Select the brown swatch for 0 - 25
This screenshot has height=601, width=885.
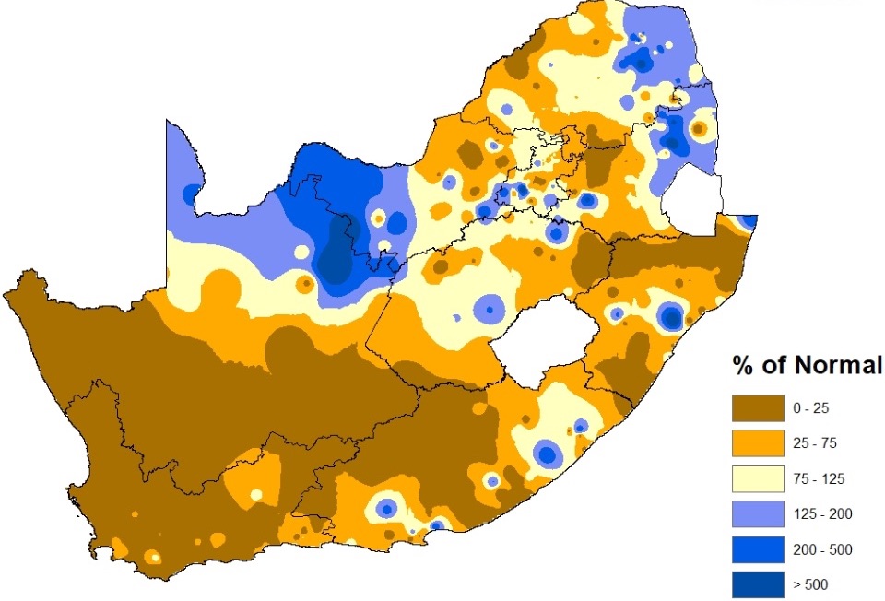[x=758, y=407]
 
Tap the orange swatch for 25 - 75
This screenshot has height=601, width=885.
[x=758, y=443]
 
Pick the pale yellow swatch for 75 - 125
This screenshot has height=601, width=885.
[x=758, y=478]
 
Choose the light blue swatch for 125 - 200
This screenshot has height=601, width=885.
[x=758, y=514]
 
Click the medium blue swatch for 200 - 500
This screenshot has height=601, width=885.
[x=758, y=549]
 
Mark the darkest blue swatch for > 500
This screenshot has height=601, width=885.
[x=758, y=584]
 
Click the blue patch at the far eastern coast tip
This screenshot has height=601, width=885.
[x=749, y=222]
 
